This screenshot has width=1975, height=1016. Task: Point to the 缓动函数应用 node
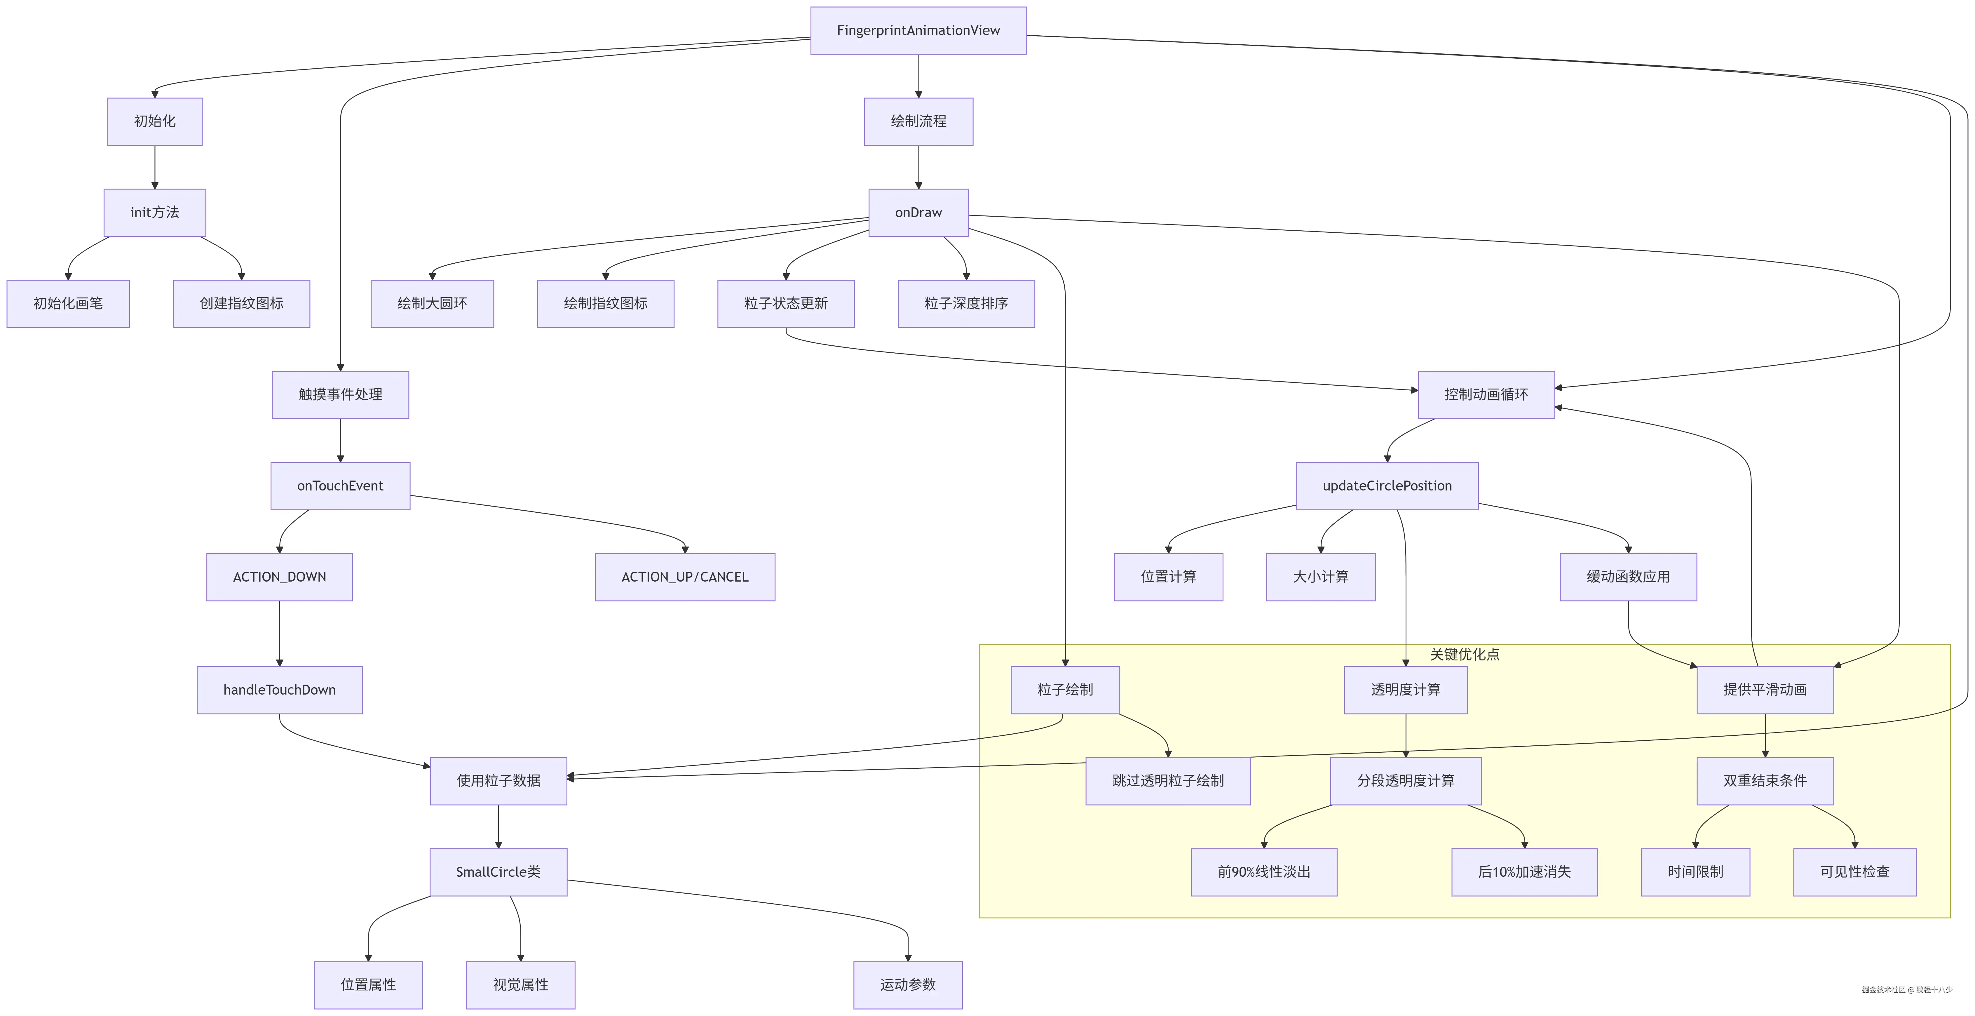point(1628,577)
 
